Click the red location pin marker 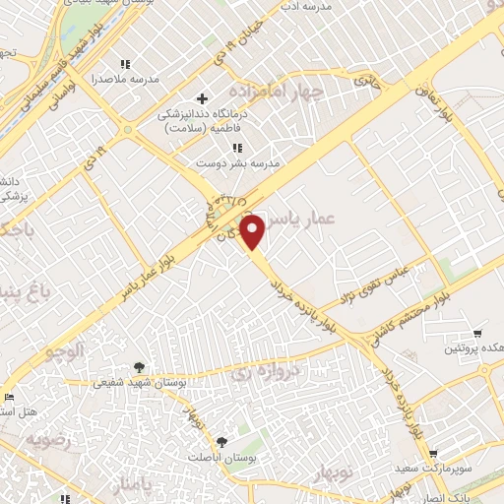253,232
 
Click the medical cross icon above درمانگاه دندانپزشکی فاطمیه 203,98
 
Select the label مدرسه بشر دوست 237,161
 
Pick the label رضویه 49,439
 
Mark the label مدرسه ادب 320,6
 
